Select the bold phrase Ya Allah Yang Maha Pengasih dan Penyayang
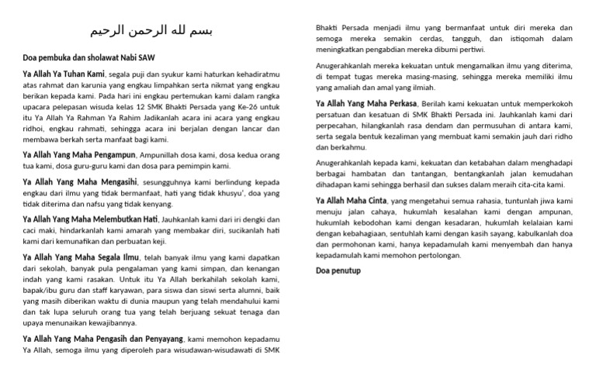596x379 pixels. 104,338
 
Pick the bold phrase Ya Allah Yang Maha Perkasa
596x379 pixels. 365,102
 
